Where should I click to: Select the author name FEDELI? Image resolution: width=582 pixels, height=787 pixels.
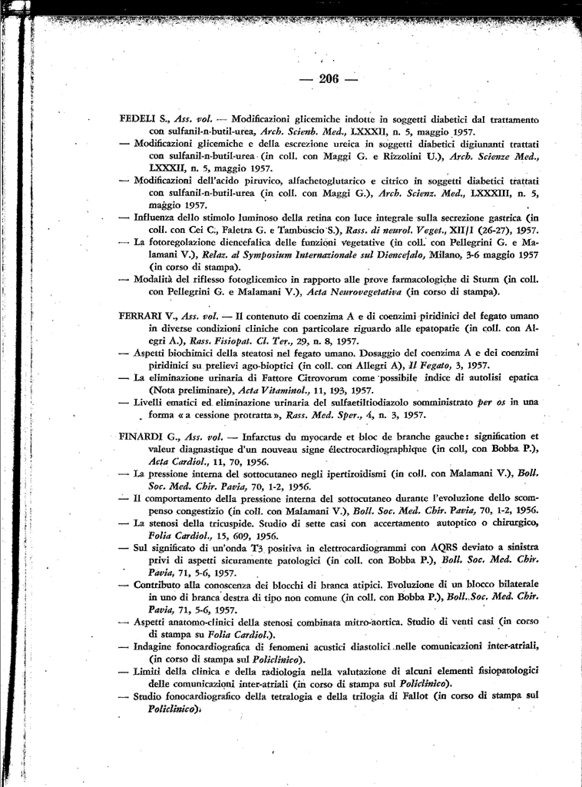point(137,120)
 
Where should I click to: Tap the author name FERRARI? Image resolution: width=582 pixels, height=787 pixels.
point(141,316)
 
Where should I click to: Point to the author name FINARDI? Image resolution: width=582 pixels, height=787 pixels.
point(141,437)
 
